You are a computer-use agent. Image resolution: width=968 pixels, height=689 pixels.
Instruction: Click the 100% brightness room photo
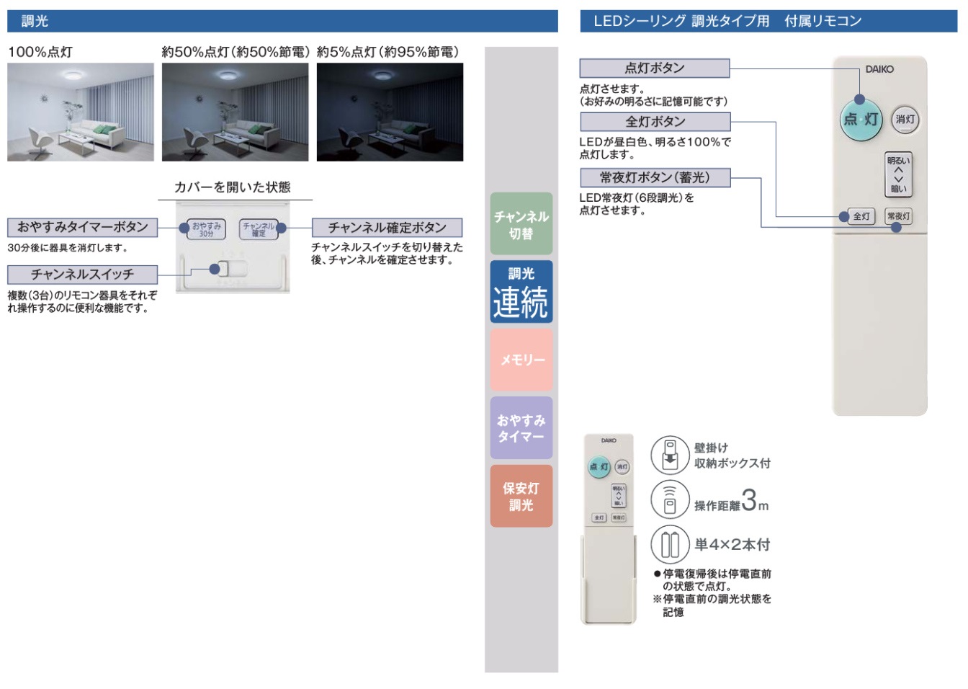(81, 112)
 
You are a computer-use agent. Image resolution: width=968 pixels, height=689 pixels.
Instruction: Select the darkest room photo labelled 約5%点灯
(390, 112)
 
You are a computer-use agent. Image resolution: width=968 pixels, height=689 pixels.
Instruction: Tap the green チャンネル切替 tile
(521, 224)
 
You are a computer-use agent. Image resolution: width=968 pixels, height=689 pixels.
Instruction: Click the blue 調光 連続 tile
(521, 291)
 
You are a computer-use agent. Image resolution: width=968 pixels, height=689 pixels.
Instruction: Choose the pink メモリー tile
(521, 360)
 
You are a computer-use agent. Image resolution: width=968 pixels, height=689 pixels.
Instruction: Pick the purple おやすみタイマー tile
(521, 428)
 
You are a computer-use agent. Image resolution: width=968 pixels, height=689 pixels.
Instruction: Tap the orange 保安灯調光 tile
(521, 496)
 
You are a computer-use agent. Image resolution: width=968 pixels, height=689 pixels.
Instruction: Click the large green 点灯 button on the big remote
(861, 119)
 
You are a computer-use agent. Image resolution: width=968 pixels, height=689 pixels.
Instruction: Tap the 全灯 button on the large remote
(861, 216)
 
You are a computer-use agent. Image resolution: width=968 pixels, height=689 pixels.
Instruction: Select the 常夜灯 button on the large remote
(898, 216)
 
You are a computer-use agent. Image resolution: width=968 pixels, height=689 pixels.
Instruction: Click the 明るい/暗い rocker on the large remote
(898, 174)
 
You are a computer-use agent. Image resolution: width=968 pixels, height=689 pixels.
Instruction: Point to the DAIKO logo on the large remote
(879, 69)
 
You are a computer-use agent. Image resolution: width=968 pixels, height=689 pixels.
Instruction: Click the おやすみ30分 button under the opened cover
(206, 229)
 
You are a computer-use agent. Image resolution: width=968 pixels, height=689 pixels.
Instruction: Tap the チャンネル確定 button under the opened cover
(259, 229)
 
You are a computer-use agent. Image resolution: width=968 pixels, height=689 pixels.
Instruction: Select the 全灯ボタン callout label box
(655, 122)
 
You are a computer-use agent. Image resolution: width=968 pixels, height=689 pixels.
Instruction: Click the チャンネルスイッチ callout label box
(82, 275)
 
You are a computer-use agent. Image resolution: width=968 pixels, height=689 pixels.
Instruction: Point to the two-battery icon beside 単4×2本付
(670, 544)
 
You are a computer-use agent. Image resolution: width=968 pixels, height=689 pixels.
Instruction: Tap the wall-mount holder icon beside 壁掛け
(670, 454)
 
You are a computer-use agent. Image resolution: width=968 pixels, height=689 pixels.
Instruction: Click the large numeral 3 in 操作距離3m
(749, 500)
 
